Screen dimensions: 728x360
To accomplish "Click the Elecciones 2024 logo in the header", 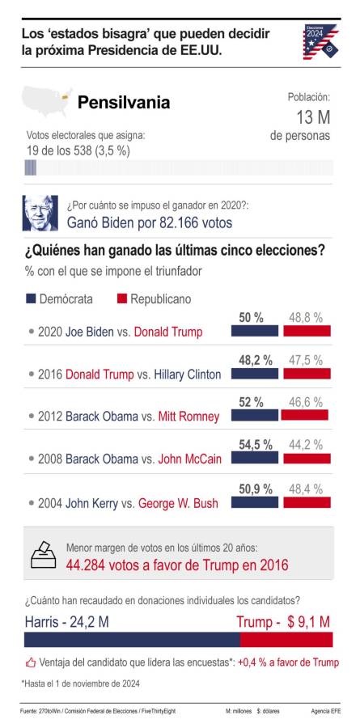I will [320, 41].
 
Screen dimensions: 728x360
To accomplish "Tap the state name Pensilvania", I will [123, 103].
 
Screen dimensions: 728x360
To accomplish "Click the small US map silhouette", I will [47, 102].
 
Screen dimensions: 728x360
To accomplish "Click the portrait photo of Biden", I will [40, 213].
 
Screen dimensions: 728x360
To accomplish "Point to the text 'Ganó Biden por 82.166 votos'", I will [149, 222].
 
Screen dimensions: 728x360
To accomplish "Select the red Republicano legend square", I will [122, 298].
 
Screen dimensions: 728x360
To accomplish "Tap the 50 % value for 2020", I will [251, 318].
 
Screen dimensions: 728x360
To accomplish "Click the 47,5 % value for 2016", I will [307, 360].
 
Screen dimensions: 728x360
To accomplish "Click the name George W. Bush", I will [178, 503].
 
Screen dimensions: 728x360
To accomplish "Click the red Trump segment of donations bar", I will [286, 639].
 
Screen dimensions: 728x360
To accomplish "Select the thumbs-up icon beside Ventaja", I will [31, 662].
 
